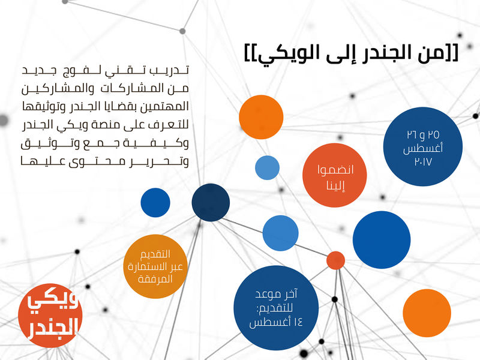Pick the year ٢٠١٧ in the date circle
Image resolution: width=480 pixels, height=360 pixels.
point(423,161)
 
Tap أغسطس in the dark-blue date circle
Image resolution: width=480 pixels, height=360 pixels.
point(423,148)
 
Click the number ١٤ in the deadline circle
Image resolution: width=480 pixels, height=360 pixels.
point(297,322)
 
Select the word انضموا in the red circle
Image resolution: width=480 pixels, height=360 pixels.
point(335,170)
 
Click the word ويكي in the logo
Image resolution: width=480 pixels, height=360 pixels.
point(52,302)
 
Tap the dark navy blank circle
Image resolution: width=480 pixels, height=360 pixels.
point(211,202)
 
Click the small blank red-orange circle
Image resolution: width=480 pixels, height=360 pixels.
point(335,260)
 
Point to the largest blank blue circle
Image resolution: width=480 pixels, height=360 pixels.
point(382,239)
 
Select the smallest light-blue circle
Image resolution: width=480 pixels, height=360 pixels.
point(267,168)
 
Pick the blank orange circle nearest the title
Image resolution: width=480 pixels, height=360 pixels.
point(261,117)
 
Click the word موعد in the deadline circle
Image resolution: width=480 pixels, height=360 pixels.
point(268,295)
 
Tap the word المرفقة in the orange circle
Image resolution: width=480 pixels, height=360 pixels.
point(155,279)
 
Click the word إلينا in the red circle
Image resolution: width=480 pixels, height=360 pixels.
point(336,185)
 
